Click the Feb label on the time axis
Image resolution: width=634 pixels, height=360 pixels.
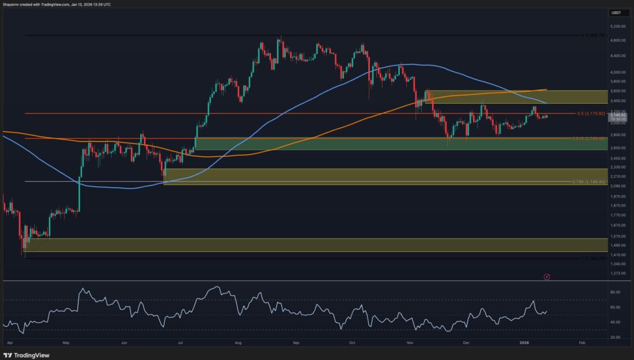coord(581,342)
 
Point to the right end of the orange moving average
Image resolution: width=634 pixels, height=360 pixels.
coord(546,89)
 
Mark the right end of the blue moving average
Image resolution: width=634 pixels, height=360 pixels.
coord(546,103)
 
